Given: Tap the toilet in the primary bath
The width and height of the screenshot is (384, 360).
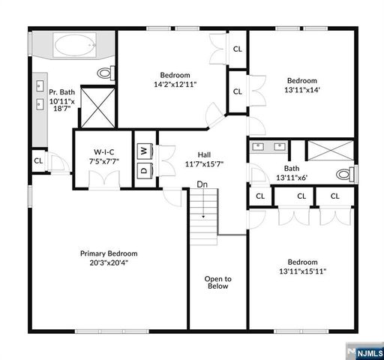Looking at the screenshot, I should click(x=106, y=73).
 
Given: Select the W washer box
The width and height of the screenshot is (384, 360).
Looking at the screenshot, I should click(x=142, y=149).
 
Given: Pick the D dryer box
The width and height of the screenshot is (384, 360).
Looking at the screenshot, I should click(x=142, y=169).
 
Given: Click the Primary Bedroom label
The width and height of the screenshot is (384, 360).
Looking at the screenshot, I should click(x=109, y=253).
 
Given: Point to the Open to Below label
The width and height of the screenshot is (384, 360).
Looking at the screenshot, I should click(x=217, y=282).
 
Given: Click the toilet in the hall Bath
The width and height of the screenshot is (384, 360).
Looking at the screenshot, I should click(x=343, y=175).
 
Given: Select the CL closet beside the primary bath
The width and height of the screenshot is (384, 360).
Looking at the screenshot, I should click(x=37, y=160).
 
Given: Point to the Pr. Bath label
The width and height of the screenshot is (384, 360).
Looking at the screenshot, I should click(x=61, y=92).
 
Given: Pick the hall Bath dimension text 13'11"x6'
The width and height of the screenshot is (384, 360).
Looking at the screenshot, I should click(x=292, y=178).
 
